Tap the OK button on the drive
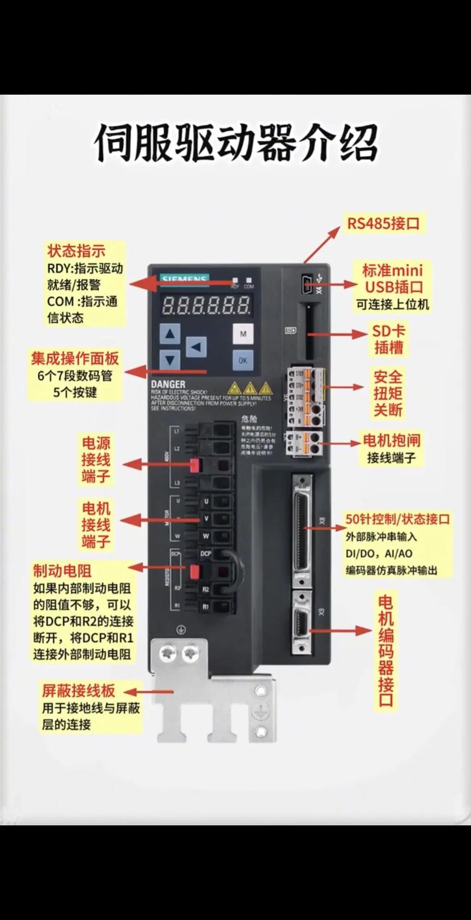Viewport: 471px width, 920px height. tap(242, 359)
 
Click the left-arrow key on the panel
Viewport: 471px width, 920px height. tap(197, 346)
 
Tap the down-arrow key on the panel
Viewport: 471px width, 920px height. tap(170, 359)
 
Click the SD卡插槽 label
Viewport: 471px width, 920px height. tap(389, 339)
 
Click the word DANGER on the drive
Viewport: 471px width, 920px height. tap(169, 384)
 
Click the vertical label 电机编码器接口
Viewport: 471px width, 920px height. tap(386, 651)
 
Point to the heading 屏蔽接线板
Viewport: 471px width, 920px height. tap(78, 690)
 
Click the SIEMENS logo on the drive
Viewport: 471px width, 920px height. tap(184, 278)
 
